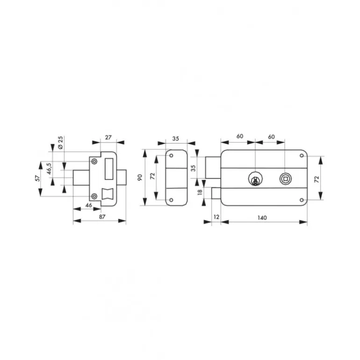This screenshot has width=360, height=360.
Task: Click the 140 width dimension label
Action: pos(262,218)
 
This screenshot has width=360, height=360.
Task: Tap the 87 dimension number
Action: pos(102,217)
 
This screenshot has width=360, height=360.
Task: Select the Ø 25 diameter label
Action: pos(60,143)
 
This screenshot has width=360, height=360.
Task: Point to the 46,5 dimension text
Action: pos(49,169)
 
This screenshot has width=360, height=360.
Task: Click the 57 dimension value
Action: pos(38,179)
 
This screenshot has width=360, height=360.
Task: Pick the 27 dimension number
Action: pos(108,137)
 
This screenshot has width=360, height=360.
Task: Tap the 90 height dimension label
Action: pos(140,178)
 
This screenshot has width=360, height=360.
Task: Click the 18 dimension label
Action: pos(200,192)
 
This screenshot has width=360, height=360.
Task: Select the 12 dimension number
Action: pos(216,217)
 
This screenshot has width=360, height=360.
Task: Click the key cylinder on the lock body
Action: pos(255,179)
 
